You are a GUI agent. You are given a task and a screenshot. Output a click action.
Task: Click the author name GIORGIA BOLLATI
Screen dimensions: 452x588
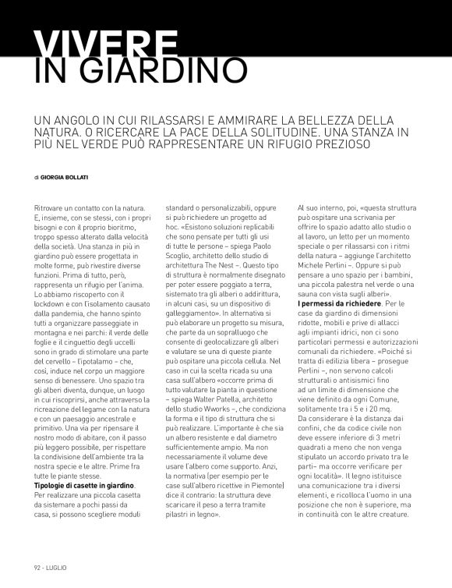[x=66, y=178]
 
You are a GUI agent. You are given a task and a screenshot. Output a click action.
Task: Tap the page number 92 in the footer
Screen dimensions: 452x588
[x=37, y=567]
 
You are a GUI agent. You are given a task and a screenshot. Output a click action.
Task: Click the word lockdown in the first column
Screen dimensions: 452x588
[x=53, y=290]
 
